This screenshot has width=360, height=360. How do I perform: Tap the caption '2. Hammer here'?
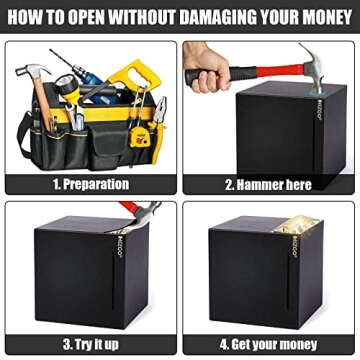click(268, 184)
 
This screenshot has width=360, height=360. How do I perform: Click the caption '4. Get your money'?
click(268, 344)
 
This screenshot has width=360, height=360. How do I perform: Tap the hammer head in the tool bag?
click(31, 72)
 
